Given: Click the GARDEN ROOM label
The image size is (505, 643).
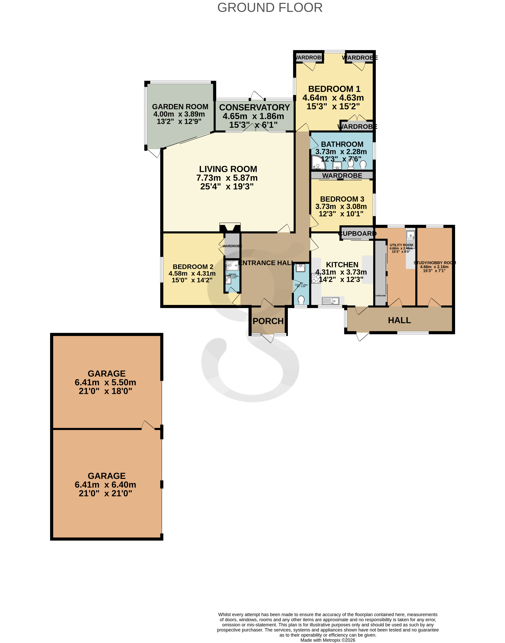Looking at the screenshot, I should click(x=180, y=106).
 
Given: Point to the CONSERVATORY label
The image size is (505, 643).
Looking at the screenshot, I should click(x=254, y=107).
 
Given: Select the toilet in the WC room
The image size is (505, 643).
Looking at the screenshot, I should click(x=301, y=300).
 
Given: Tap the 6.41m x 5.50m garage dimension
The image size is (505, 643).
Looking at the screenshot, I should click(x=105, y=382).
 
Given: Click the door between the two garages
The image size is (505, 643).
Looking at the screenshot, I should click(x=148, y=426).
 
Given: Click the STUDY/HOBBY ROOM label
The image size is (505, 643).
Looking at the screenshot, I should click(x=434, y=263).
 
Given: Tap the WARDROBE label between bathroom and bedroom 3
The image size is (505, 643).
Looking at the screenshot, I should click(x=342, y=175).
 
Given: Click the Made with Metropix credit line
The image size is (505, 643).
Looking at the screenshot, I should click(x=328, y=640).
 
